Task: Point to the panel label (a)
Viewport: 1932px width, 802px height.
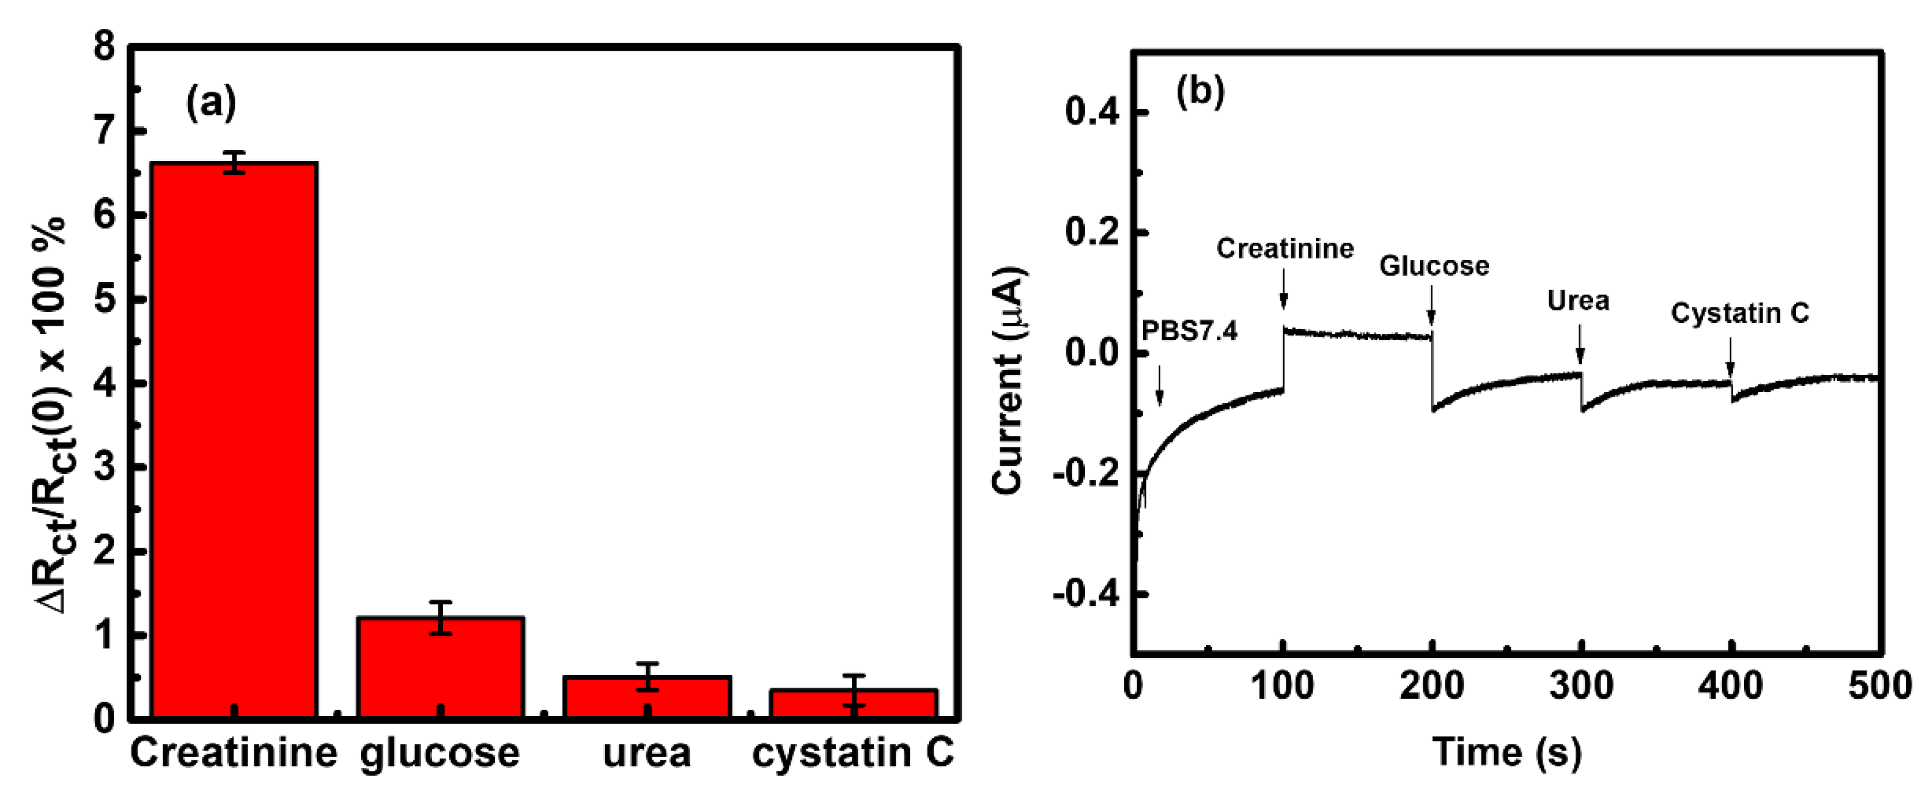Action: click(211, 102)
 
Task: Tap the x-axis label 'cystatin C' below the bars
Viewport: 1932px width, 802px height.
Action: click(853, 753)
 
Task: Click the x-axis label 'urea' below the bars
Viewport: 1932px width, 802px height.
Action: click(646, 753)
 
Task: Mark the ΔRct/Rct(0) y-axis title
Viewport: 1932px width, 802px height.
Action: click(50, 416)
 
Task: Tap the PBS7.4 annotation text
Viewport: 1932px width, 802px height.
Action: click(1190, 330)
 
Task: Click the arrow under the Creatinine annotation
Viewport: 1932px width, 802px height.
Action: click(1283, 288)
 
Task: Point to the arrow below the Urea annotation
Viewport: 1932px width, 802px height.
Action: click(1580, 344)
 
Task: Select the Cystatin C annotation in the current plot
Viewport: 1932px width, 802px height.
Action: click(1739, 313)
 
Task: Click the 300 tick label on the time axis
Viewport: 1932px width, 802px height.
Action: click(1581, 686)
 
